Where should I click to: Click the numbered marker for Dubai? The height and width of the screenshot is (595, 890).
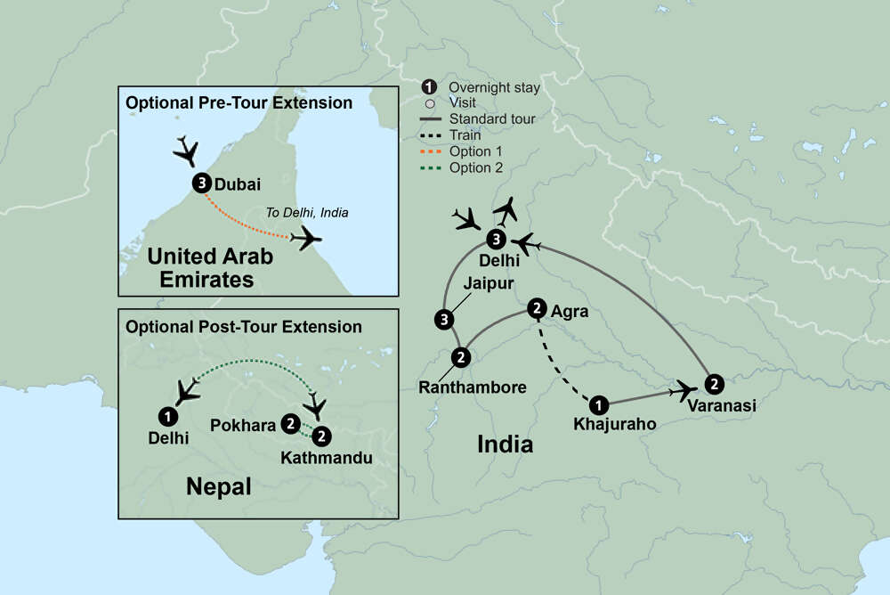201,184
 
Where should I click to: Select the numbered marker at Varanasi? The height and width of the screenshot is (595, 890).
713,384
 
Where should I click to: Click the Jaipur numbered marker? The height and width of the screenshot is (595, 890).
442,318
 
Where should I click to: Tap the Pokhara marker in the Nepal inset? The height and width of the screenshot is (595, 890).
290,424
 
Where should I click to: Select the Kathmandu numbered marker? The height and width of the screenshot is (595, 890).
322,436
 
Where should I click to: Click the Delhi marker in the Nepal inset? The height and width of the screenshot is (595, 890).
166,415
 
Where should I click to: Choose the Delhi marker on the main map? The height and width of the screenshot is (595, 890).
497,239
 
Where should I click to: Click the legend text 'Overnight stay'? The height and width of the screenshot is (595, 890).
494,87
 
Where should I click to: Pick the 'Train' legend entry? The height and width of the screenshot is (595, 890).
465,135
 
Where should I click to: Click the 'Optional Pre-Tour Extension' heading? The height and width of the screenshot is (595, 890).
239,102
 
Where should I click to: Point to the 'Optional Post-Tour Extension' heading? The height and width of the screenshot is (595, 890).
244,326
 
